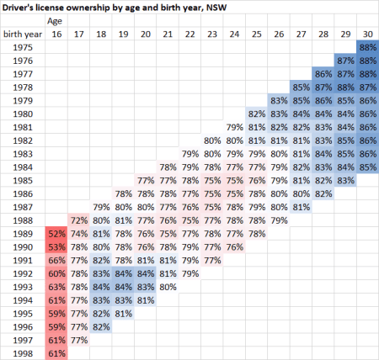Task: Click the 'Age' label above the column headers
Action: click(55, 20)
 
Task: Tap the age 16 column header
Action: click(56, 34)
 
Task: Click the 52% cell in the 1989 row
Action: click(56, 233)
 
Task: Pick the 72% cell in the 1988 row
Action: click(78, 220)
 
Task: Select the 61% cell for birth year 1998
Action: click(56, 353)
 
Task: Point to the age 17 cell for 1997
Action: click(78, 340)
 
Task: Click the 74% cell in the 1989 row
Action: click(78, 233)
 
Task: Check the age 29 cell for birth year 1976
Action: click(344, 61)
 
